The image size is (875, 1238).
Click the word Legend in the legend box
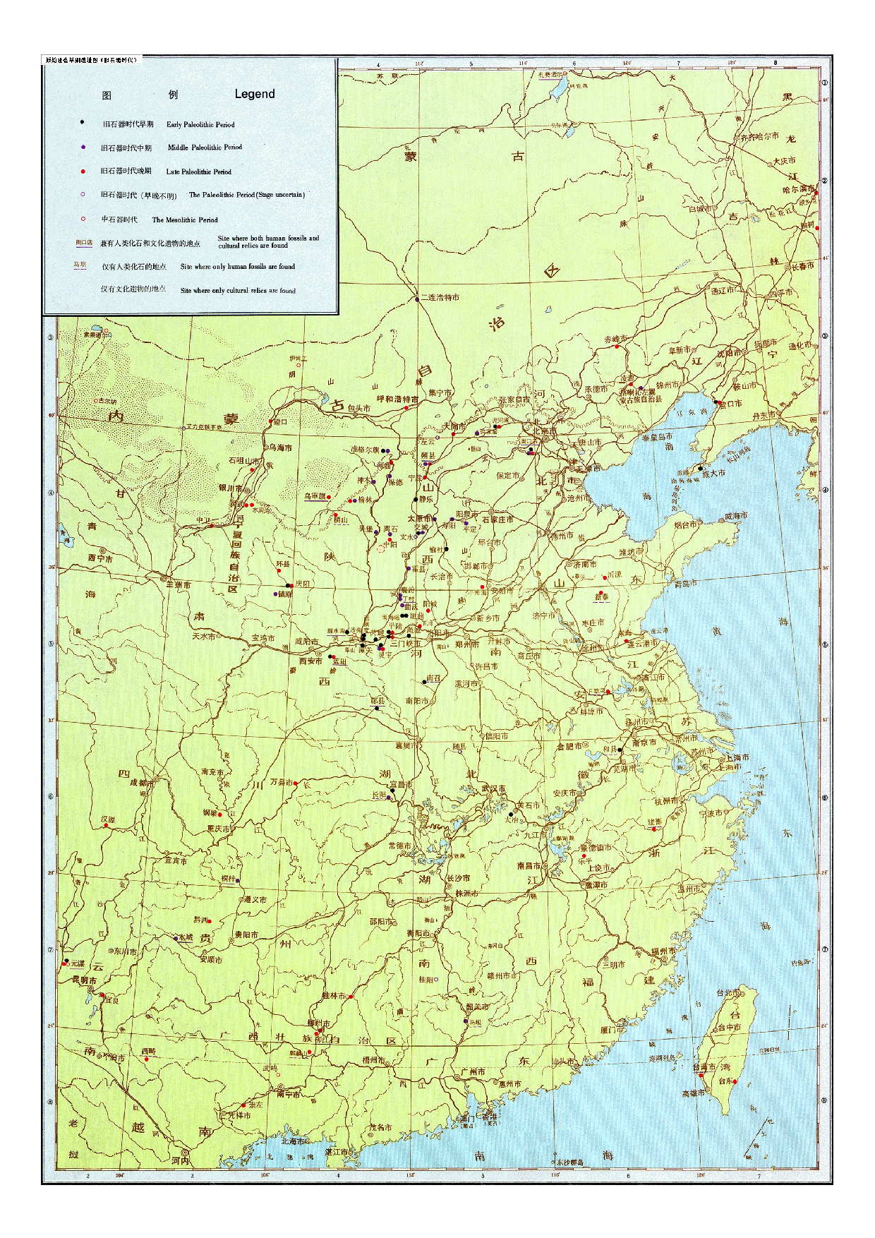tap(255, 94)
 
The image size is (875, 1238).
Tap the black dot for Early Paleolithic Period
tap(83, 123)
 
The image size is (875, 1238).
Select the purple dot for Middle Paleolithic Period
tap(83, 147)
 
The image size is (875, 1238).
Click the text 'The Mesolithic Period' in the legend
tap(185, 220)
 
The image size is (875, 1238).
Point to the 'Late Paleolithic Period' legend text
tap(198, 172)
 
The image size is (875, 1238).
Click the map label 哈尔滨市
tap(798, 189)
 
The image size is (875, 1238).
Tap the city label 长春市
tap(802, 266)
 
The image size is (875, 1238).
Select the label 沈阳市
tap(728, 352)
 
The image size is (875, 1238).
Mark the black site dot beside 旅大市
tap(700, 467)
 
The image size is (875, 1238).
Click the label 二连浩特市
tap(440, 297)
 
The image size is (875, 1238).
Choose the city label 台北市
tap(728, 992)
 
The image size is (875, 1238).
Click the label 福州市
tap(663, 951)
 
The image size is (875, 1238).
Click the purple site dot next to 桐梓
tap(239, 880)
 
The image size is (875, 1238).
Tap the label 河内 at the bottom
tap(180, 1160)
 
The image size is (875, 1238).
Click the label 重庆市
tap(218, 829)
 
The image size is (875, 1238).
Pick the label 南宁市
tap(288, 1094)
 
